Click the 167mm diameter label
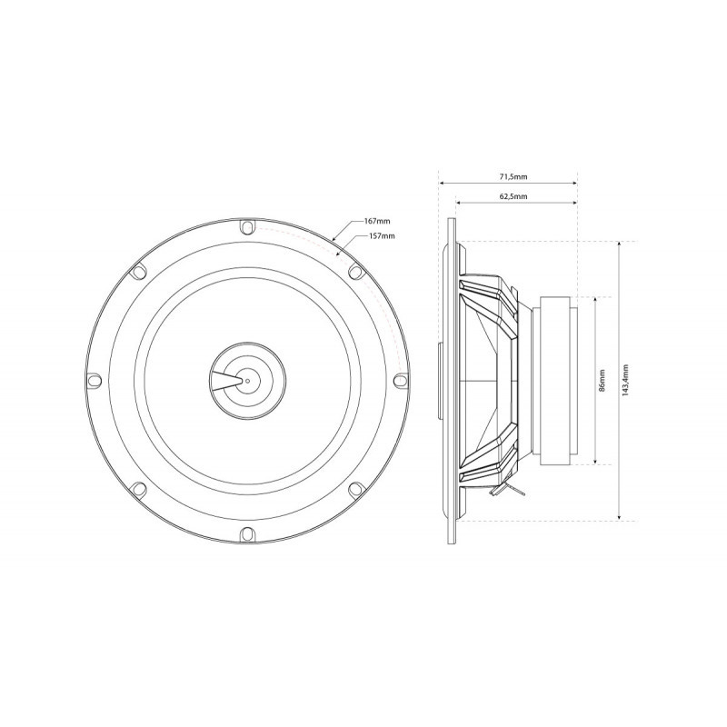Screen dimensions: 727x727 (377, 222)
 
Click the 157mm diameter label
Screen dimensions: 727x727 (382, 235)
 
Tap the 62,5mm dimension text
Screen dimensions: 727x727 (513, 196)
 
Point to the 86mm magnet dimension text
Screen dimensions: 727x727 (602, 380)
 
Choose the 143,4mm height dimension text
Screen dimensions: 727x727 (625, 380)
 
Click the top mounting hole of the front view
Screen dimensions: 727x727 (247, 228)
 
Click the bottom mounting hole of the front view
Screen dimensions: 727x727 (247, 533)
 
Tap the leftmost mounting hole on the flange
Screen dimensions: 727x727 (95, 379)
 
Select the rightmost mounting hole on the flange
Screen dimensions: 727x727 (401, 380)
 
